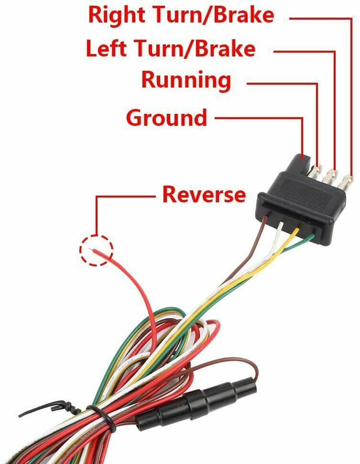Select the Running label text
tap(186, 80)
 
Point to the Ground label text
tap(166, 117)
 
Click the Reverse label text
tap(204, 195)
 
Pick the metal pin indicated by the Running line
tap(316, 173)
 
